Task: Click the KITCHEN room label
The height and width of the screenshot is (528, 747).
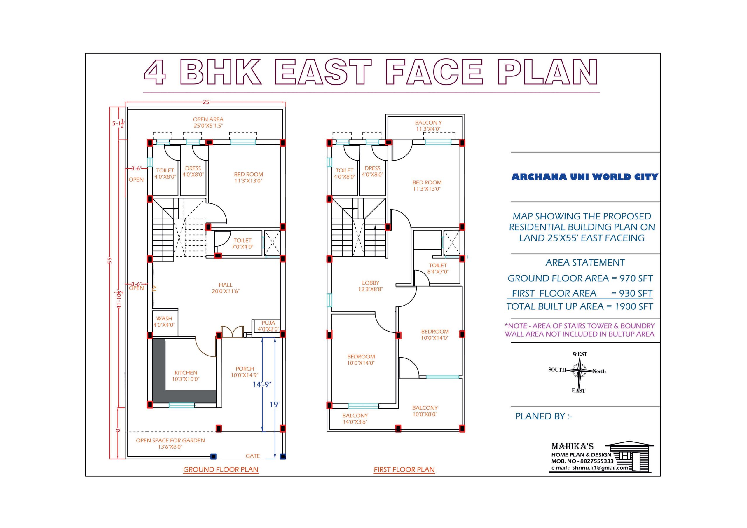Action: pos(186,376)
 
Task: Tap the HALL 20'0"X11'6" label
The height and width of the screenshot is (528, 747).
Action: pos(226,288)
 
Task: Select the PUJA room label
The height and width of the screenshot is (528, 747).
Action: pos(268,326)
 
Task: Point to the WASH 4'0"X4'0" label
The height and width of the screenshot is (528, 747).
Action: pos(164,322)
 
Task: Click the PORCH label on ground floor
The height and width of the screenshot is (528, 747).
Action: pos(245,372)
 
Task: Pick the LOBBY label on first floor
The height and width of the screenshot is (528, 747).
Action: pos(371,286)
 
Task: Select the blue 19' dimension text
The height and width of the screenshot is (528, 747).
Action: pos(275,405)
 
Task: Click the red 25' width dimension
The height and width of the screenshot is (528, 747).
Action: pos(207,102)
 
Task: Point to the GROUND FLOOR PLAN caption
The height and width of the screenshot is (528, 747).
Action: pos(221,469)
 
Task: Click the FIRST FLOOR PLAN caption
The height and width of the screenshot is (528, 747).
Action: pos(404,469)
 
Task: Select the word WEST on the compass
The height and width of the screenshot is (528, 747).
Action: pos(580,354)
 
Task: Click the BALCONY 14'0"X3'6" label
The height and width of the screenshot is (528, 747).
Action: pos(355,419)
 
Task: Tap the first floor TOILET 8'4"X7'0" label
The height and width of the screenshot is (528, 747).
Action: pos(438,269)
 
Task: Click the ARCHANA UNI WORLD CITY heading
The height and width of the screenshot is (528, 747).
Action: pos(585,177)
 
